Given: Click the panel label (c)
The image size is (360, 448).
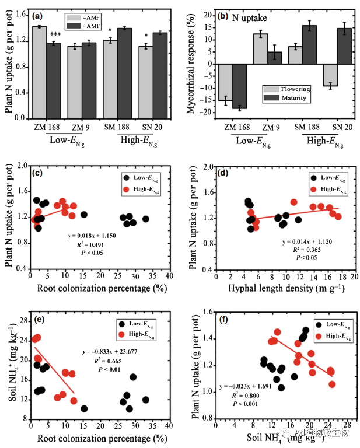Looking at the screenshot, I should (39, 173).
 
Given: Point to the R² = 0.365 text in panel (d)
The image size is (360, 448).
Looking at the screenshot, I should (309, 249).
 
